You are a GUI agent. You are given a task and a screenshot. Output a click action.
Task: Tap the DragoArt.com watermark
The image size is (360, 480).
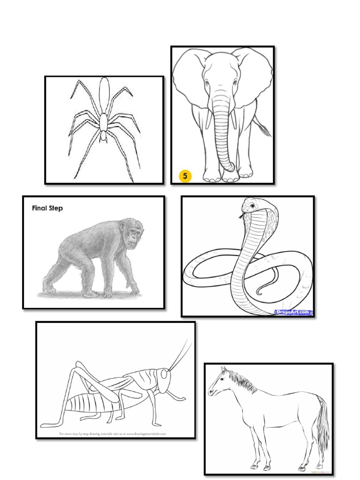293,311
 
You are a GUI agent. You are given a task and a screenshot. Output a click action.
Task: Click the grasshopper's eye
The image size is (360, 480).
163,375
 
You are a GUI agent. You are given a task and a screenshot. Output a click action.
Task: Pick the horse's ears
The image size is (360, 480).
224,370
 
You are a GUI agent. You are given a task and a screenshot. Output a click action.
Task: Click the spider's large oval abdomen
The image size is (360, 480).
104,90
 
